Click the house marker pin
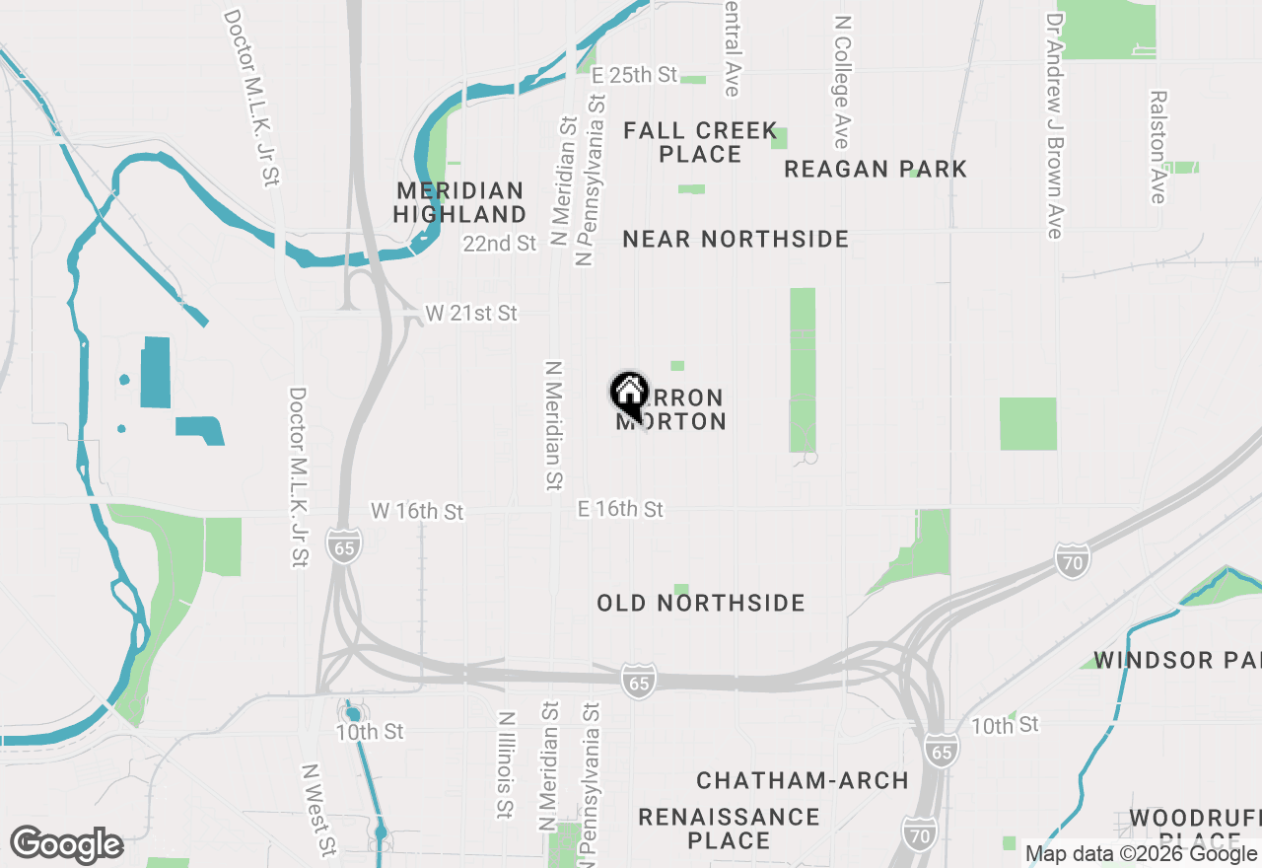click(628, 396)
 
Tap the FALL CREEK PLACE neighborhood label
click(700, 142)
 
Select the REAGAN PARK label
click(876, 170)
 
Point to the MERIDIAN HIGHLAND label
click(460, 201)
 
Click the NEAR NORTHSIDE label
click(736, 239)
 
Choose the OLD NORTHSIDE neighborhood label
click(701, 603)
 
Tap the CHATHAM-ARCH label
click(803, 780)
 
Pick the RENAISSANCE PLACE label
click(729, 829)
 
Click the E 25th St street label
click(635, 75)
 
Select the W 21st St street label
click(471, 314)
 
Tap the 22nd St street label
click(501, 243)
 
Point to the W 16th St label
click(417, 511)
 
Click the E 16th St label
click(620, 509)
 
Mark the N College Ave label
click(841, 81)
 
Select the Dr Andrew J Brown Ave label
click(1055, 125)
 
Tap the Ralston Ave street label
click(1157, 147)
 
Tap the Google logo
click(66, 844)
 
